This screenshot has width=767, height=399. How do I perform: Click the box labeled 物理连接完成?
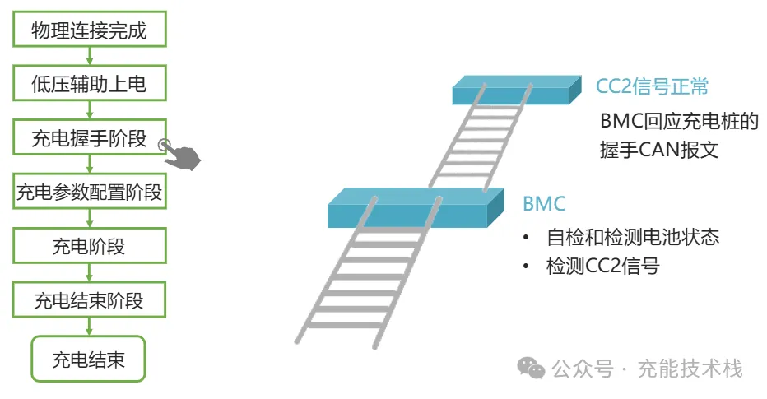89,31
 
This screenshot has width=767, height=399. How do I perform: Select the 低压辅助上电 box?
89,85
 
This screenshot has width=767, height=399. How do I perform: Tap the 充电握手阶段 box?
89,138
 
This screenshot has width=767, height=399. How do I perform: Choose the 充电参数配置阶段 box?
89,193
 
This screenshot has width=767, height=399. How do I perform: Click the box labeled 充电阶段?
89,247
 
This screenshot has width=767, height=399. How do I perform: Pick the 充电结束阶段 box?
89,300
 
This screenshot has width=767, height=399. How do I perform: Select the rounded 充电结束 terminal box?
88,359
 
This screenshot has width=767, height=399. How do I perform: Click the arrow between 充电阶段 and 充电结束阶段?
89,273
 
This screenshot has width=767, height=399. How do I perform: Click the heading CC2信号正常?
653,86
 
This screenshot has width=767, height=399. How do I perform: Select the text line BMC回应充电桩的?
679,122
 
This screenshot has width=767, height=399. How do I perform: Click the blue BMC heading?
544,204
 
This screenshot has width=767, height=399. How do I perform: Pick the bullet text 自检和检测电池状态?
632,238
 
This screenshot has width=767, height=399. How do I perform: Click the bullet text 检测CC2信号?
602,266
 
